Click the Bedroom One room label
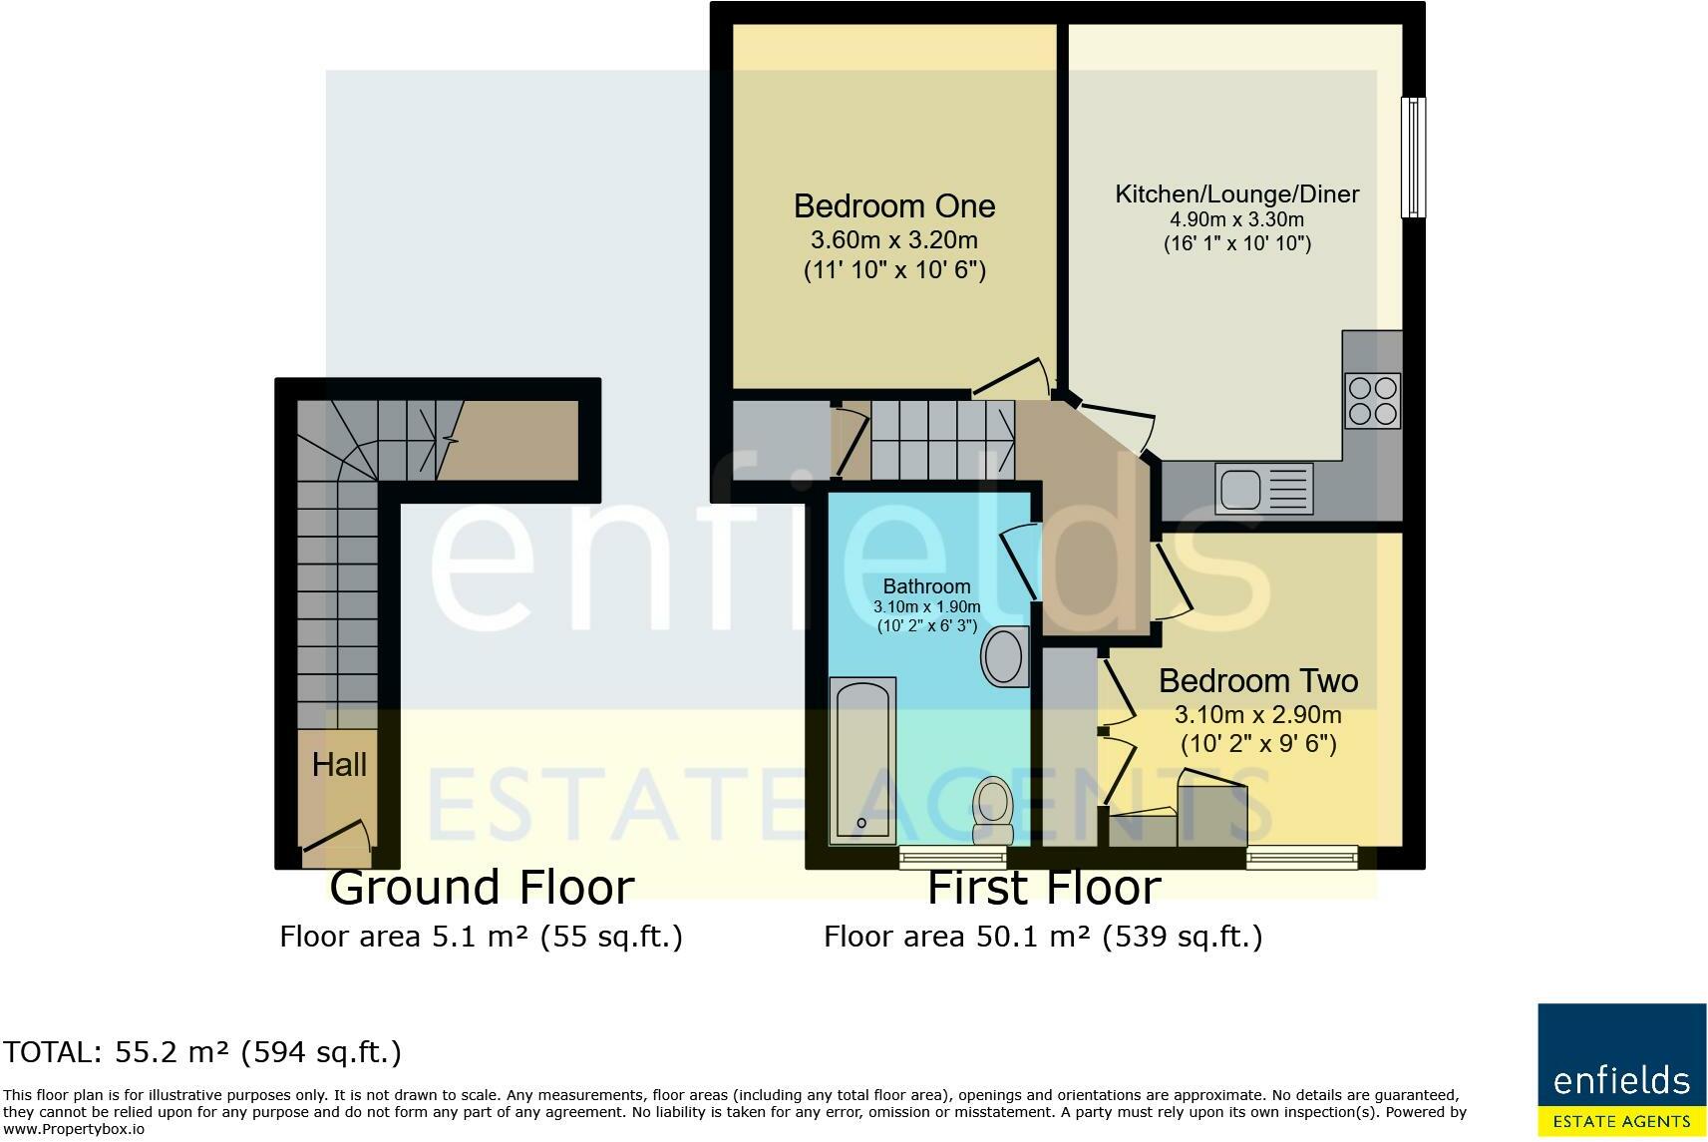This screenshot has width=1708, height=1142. (894, 206)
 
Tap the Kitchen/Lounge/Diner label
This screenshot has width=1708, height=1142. (1236, 194)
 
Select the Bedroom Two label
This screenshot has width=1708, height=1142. (1258, 681)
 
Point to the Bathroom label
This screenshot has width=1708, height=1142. (926, 586)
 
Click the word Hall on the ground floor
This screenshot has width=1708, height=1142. (339, 765)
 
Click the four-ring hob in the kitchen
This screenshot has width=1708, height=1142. (1373, 401)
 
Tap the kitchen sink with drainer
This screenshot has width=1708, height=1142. (1264, 489)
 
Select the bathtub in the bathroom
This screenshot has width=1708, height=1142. (863, 761)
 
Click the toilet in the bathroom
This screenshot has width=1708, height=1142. (993, 810)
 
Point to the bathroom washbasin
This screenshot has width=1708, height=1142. (1004, 657)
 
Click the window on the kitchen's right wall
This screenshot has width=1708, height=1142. (1413, 158)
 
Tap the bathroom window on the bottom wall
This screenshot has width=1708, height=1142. (953, 858)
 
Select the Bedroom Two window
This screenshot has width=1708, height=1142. (1302, 858)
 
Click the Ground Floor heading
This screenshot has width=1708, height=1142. (482, 888)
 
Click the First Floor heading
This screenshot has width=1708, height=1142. (1044, 888)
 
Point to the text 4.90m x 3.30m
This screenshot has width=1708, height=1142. (1236, 219)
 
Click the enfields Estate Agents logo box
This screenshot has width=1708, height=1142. (1621, 1070)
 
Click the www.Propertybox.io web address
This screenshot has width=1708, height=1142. (73, 1129)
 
